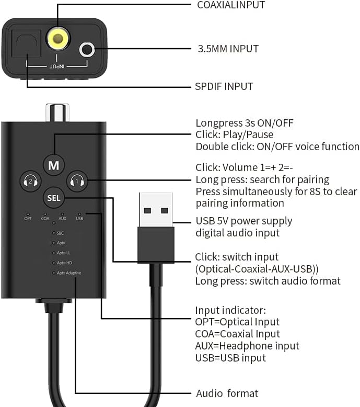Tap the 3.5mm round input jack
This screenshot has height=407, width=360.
[x=87, y=50]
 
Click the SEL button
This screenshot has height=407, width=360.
[x=53, y=198]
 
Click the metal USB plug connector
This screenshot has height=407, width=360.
[x=156, y=209]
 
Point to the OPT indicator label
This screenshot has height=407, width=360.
[x=28, y=218]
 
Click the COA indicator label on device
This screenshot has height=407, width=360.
[x=45, y=218]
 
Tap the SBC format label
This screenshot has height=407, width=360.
[x=60, y=233]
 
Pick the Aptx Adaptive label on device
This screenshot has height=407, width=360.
[x=69, y=273]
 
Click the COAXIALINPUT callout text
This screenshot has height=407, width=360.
[x=230, y=5]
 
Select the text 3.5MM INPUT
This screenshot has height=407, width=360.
[x=227, y=49]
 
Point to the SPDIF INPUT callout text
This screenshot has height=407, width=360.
[x=224, y=86]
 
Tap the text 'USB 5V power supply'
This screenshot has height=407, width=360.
[x=243, y=221]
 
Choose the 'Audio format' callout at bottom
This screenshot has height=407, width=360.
[x=227, y=393]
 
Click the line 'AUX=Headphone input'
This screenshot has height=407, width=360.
[x=247, y=346]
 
